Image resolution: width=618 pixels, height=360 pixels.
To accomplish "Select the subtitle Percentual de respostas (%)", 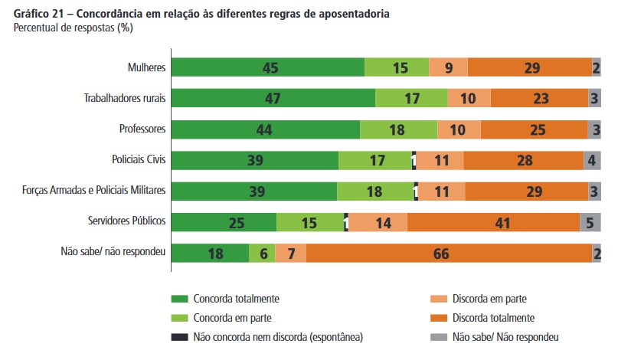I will point(70,28).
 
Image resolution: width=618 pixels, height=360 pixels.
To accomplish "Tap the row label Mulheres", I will point(146,67).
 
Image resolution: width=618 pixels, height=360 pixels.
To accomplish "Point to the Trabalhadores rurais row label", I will point(125,98).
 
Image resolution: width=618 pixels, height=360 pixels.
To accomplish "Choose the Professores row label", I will point(142,129).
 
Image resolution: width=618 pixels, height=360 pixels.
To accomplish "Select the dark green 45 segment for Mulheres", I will point(267,67).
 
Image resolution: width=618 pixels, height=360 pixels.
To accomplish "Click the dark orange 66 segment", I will point(449,253).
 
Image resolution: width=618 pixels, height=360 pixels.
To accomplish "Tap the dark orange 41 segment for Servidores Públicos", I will point(493,222).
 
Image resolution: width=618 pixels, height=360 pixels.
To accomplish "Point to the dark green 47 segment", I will point(273,98).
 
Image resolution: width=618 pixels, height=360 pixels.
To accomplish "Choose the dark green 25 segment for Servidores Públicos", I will point(224,222).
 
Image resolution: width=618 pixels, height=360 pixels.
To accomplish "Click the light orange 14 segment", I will point(378,222).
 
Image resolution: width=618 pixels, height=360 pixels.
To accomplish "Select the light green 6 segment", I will point(262,253).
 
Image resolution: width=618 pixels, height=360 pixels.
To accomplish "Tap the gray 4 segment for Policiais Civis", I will point(592,160).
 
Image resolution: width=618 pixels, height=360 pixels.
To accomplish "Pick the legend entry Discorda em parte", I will point(489,299).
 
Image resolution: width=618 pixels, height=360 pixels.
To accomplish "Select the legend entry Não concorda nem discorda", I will point(278,336).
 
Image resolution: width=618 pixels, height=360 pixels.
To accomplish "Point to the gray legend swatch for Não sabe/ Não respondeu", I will point(438,336).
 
